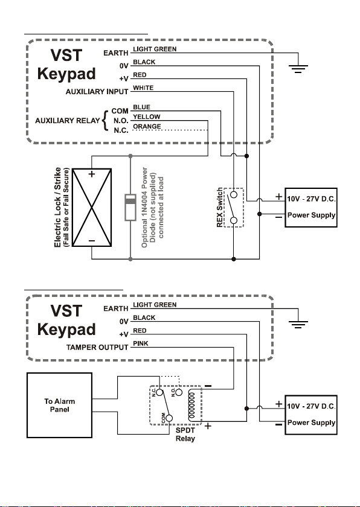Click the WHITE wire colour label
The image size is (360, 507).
tap(143, 88)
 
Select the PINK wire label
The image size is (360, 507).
tap(141, 343)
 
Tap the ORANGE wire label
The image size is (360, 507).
tap(147, 126)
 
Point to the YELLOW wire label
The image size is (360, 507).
tap(147, 116)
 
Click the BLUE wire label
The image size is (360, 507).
tap(141, 107)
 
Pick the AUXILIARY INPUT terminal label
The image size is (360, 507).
tap(97, 92)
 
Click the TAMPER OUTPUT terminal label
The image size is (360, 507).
tap(97, 348)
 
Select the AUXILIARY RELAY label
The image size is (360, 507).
tap(67, 121)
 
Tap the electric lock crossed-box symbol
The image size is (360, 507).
tap(92, 208)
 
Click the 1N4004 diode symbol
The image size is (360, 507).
tap(130, 207)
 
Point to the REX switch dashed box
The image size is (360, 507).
tap(234, 208)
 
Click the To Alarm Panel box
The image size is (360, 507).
tap(60, 406)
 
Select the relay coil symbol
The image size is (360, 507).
tap(192, 406)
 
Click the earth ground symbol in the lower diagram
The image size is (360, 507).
tap(298, 325)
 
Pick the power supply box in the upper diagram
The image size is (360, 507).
tap(311, 208)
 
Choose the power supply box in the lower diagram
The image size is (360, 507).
tap(311, 415)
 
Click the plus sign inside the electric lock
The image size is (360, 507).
tap(92, 174)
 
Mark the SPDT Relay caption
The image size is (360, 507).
tap(185, 434)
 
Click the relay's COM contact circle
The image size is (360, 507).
tap(169, 418)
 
